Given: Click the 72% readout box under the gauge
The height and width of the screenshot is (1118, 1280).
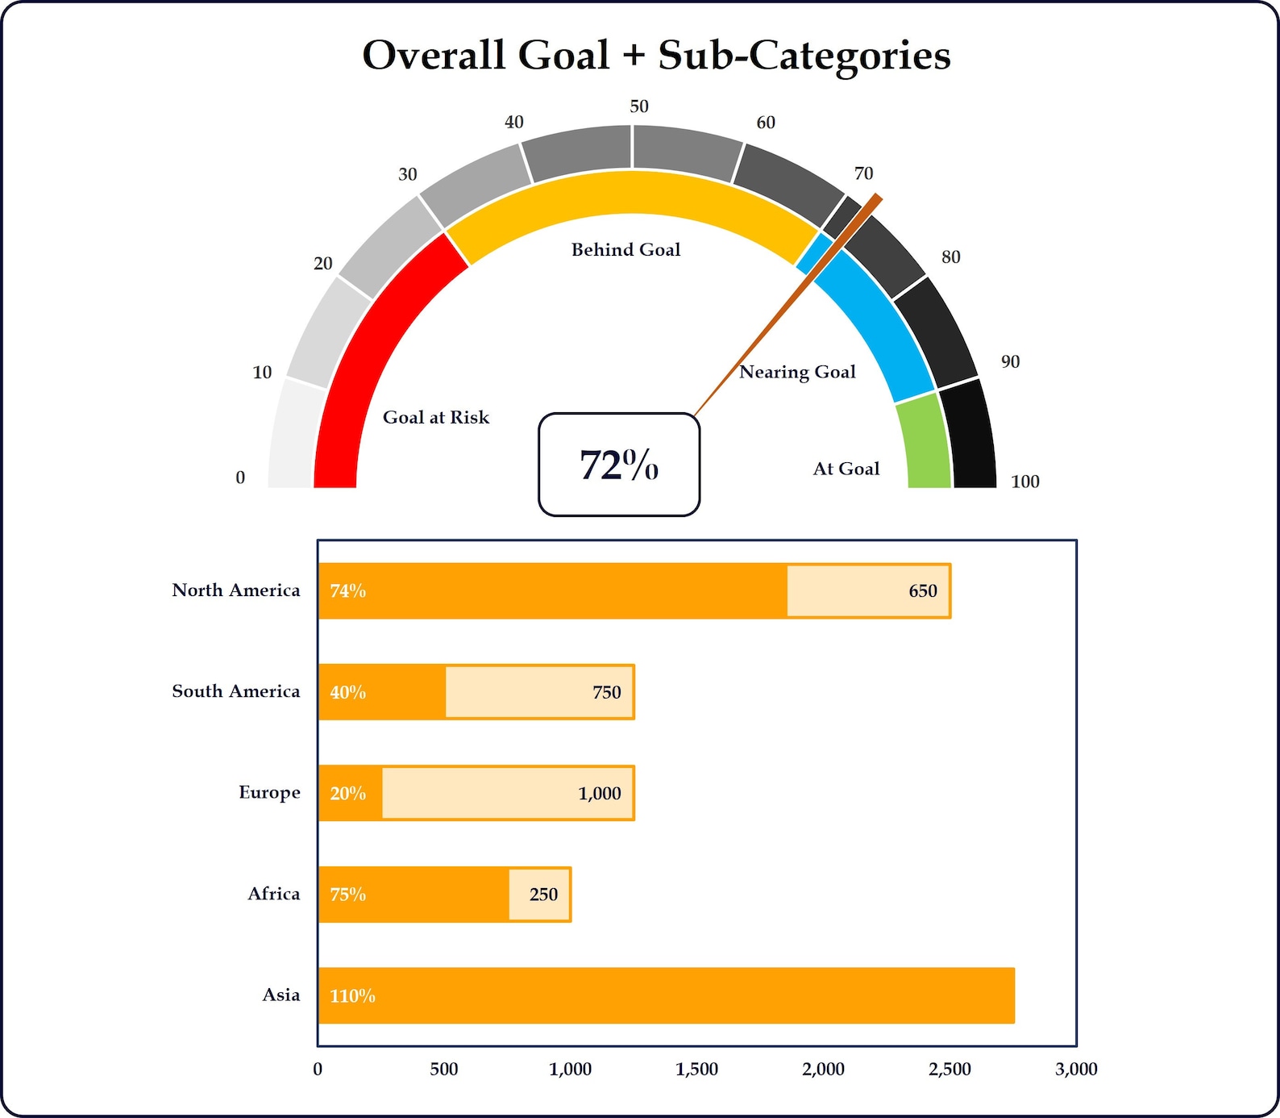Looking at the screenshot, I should (x=618, y=465).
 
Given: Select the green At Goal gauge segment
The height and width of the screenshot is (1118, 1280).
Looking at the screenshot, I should (x=927, y=443).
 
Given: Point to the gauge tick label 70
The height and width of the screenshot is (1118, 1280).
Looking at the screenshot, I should (x=863, y=173).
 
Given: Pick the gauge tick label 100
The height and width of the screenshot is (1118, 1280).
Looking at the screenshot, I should (x=1024, y=482).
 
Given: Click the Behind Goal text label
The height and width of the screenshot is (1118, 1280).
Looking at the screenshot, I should (x=625, y=250).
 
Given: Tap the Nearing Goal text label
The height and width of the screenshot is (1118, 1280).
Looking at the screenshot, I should (x=797, y=372).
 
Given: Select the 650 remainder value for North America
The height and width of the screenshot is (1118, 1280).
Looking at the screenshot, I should (x=922, y=591).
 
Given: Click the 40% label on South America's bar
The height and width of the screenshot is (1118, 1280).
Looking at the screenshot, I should (x=347, y=692).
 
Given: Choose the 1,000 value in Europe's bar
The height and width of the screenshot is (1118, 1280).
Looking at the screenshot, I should (x=599, y=794).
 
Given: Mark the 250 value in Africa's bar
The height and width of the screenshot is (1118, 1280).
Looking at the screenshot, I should (x=543, y=895).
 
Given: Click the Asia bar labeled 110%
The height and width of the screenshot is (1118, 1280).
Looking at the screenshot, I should (x=666, y=995).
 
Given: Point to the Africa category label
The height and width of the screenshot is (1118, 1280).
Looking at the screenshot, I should (x=273, y=894).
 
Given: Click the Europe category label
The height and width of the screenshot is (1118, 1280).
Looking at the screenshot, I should (x=269, y=792).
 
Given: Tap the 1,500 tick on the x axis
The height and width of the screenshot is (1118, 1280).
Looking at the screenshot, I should (x=696, y=1070).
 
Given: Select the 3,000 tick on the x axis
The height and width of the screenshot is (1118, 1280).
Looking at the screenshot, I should (x=1076, y=1070).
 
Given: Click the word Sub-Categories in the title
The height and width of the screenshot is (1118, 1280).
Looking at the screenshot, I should (x=804, y=56).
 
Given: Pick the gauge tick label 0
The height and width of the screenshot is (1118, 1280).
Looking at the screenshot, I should (x=240, y=478).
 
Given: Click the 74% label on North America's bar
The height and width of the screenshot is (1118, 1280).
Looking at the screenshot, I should (x=347, y=591).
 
